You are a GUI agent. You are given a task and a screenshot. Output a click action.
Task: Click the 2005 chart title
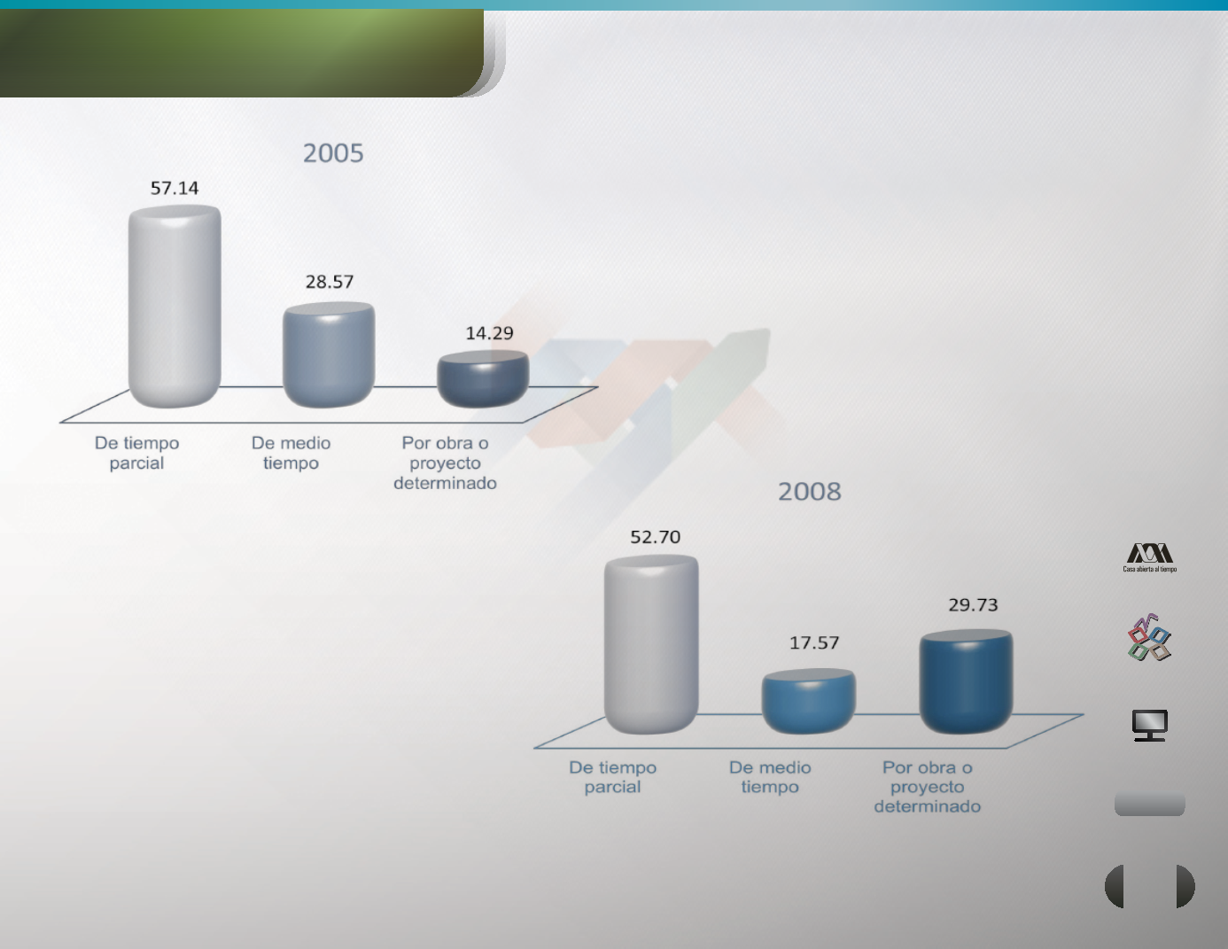333,153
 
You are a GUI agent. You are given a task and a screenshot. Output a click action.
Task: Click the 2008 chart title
809,492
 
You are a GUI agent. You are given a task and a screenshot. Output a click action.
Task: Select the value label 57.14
174,188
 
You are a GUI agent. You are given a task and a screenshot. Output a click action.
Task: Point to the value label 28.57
330,282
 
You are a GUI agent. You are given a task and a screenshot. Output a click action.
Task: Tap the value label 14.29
489,333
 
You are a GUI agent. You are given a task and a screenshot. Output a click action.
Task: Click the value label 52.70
655,536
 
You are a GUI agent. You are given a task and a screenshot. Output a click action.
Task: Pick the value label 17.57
813,642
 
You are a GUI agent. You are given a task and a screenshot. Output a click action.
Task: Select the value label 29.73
973,605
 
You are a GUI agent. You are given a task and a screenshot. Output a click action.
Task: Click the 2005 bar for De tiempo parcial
175,306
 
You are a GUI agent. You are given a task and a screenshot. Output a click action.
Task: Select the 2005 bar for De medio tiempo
329,354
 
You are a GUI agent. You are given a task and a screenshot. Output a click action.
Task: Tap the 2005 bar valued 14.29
483,378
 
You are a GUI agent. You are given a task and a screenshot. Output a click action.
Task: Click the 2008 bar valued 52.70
651,644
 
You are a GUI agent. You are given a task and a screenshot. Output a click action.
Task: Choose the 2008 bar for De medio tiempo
809,701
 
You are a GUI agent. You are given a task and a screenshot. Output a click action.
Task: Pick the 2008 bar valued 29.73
966,681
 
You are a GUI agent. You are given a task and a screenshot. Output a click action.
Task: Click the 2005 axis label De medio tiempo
291,453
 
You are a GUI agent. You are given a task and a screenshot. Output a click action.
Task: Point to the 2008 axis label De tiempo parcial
612,776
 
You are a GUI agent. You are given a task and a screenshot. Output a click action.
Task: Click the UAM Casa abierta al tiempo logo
1149,558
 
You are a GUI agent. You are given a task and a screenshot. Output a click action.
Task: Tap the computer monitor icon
1149,725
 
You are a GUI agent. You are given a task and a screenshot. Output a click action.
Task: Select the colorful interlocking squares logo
1149,637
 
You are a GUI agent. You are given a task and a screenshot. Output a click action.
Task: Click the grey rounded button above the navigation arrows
1149,805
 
